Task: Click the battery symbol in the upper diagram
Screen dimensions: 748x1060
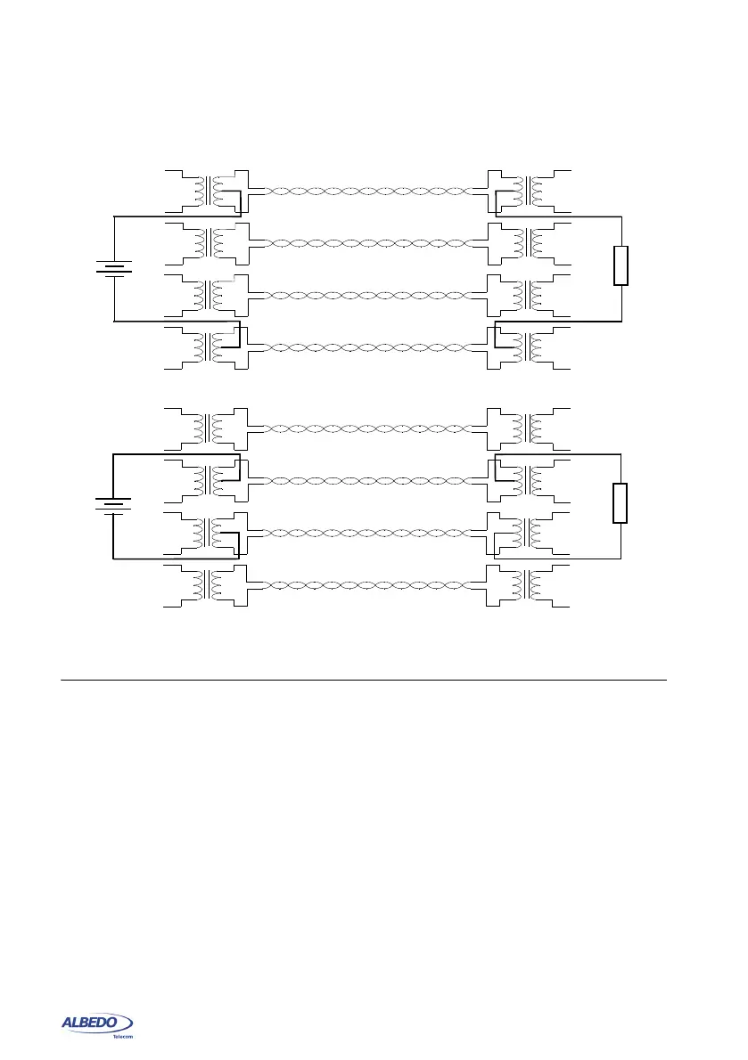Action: pos(115,267)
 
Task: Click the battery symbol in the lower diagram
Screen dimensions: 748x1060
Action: pos(113,506)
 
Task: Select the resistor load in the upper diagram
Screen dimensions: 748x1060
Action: pos(621,266)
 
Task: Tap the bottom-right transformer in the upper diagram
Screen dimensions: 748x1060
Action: pos(532,347)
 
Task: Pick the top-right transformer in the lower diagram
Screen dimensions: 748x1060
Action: pos(532,428)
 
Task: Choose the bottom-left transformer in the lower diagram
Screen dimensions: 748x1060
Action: pos(210,585)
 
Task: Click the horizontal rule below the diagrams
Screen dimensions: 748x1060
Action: pos(364,681)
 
